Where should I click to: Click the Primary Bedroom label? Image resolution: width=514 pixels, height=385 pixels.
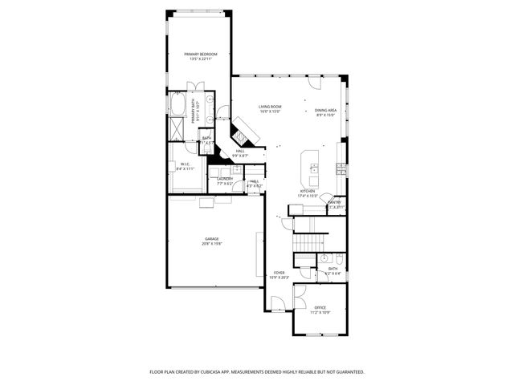pos(200,56)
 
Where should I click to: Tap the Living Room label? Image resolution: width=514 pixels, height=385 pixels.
pos(270,109)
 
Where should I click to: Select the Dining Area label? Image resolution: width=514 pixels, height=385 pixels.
pos(325,112)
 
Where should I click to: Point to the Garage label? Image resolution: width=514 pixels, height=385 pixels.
pos(211,241)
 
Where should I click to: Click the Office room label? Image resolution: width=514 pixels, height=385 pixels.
pos(320,310)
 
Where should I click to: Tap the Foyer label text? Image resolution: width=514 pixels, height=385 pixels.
pos(279,275)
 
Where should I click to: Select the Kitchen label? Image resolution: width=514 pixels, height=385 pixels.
pos(308,193)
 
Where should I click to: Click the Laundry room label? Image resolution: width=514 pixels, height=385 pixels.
pos(225,180)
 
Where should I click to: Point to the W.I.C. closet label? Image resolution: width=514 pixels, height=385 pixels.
pos(184,166)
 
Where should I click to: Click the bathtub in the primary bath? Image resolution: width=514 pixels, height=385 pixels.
pos(177,105)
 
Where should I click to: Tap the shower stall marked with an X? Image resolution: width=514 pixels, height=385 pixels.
pos(177,129)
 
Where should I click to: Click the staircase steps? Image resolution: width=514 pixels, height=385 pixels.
pos(310,241)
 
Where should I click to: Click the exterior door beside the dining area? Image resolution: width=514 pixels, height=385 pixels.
pos(316,83)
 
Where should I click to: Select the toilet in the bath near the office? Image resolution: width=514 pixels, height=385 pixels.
pos(339,259)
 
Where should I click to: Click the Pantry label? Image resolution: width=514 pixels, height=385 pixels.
pos(335,204)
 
